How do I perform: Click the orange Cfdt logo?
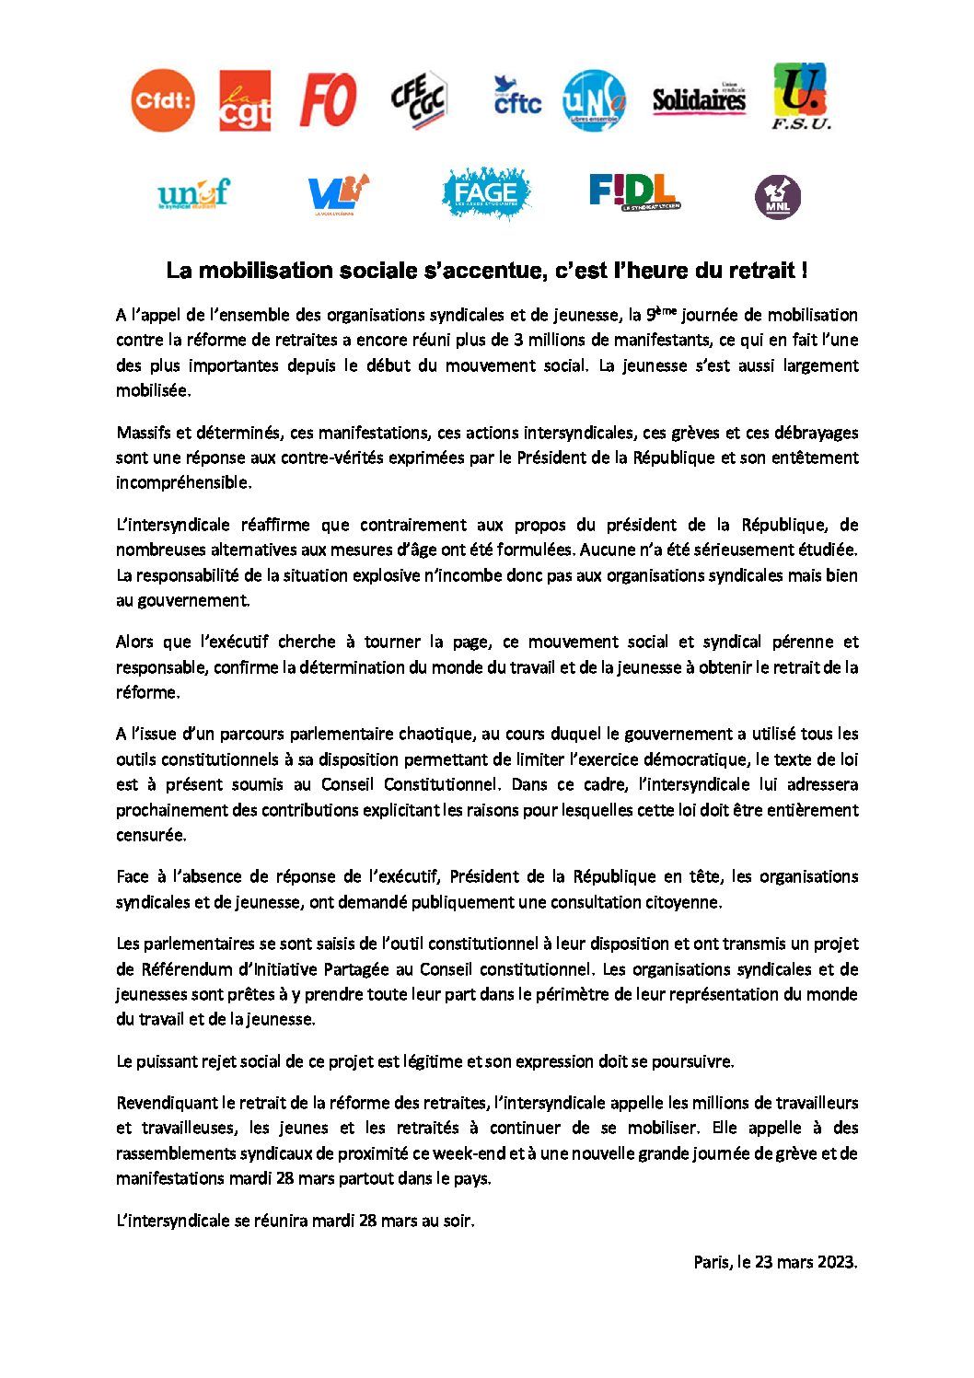click(163, 100)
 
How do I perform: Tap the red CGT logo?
click(245, 101)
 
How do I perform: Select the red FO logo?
click(328, 100)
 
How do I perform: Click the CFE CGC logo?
click(420, 100)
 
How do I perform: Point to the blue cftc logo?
click(516, 98)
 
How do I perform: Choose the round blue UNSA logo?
click(594, 100)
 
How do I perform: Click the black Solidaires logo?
click(699, 100)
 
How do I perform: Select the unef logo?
click(192, 194)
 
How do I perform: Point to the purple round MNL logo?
click(778, 196)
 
